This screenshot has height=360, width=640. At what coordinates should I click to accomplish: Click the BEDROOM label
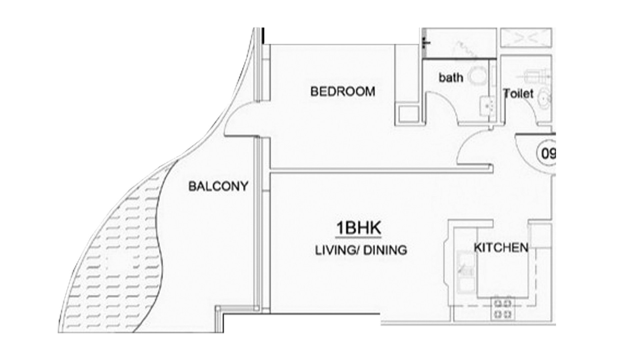tap(343, 91)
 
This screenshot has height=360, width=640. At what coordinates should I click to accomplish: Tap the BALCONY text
tap(218, 186)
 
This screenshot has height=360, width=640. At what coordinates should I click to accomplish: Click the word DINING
tap(385, 250)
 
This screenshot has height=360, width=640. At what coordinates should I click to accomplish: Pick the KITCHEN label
tap(501, 248)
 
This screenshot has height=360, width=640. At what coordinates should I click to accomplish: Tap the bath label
tap(451, 77)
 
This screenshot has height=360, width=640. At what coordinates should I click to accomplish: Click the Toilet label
tap(519, 93)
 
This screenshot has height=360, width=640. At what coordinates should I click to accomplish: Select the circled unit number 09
tap(546, 154)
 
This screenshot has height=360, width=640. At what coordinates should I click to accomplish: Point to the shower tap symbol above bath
tap(425, 42)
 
